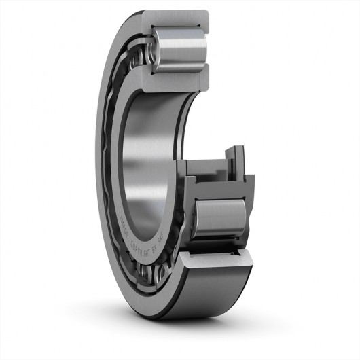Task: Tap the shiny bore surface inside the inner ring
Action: point(146,156)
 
